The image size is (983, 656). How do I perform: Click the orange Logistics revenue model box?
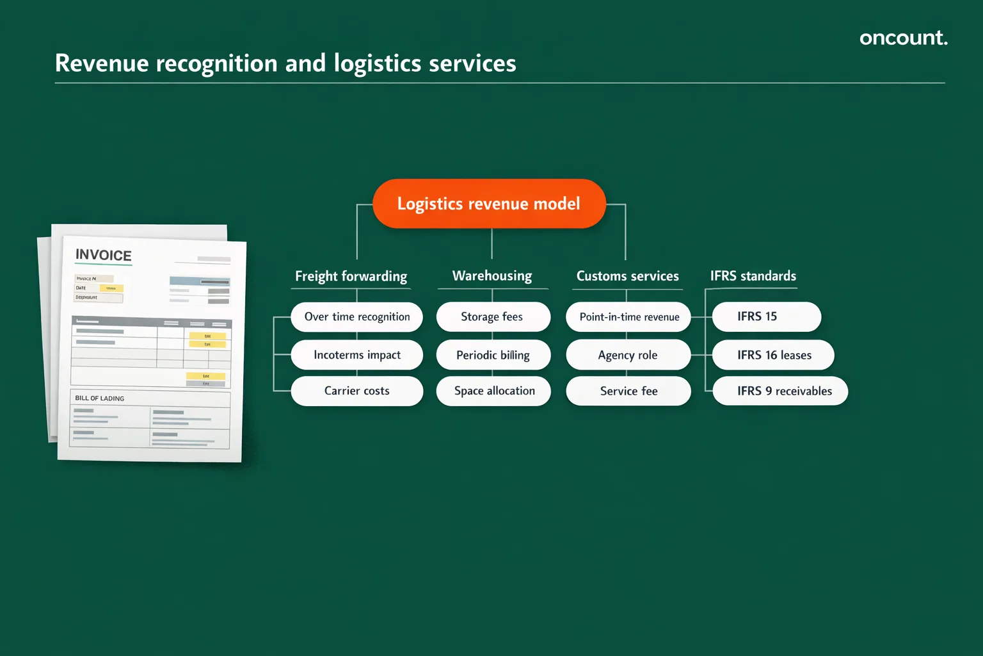pyautogui.click(x=489, y=204)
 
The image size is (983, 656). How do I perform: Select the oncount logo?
pyautogui.click(x=903, y=38)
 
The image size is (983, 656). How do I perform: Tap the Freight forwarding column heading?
pyautogui.click(x=351, y=276)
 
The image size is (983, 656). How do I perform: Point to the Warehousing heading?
pyautogui.click(x=492, y=276)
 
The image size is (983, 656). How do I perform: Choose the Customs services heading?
pyautogui.click(x=627, y=276)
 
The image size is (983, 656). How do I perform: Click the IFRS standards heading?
pyautogui.click(x=753, y=276)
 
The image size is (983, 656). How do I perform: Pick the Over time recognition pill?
pyautogui.click(x=356, y=317)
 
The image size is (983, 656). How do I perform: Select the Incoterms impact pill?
pyautogui.click(x=356, y=355)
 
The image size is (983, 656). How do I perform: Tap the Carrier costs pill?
pyautogui.click(x=356, y=391)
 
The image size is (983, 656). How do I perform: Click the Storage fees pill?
pyautogui.click(x=492, y=317)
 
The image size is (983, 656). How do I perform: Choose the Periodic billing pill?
pyautogui.click(x=493, y=355)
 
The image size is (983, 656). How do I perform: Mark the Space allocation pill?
pyautogui.click(x=493, y=391)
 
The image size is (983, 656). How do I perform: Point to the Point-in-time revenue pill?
pyautogui.click(x=628, y=317)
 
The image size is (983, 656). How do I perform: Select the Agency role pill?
pyautogui.click(x=628, y=355)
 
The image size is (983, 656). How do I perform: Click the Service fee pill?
pyautogui.click(x=628, y=391)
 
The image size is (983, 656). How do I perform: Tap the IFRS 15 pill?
pyautogui.click(x=766, y=317)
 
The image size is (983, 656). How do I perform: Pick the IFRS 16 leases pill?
pyautogui.click(x=773, y=355)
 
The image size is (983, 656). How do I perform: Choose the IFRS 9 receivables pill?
pyautogui.click(x=780, y=391)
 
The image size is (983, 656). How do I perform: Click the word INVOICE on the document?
pyautogui.click(x=104, y=255)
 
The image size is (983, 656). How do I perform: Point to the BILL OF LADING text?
pyautogui.click(x=100, y=398)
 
